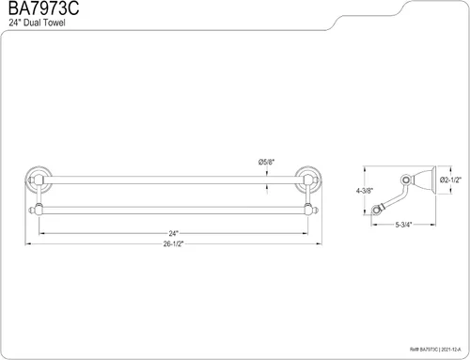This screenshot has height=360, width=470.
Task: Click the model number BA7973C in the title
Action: (x=43, y=8)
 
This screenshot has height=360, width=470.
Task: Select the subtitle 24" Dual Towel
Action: (x=37, y=23)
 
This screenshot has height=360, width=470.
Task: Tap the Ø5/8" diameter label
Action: (x=266, y=162)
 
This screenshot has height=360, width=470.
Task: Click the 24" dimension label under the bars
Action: (x=173, y=233)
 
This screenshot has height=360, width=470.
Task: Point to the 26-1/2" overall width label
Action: (x=173, y=243)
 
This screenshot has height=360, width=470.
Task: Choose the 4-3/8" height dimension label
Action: (x=365, y=191)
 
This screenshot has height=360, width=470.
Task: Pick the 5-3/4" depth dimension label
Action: (x=403, y=225)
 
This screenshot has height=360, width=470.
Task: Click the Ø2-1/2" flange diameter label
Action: (x=450, y=180)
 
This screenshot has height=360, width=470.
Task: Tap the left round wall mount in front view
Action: (x=39, y=180)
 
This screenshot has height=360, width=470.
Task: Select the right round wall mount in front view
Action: (x=308, y=180)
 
